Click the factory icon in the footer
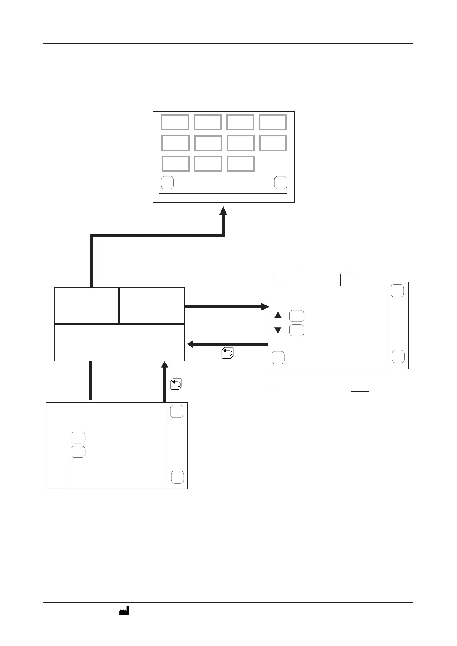[124, 611]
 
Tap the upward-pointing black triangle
[278, 315]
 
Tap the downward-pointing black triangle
[278, 330]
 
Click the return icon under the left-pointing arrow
[228, 353]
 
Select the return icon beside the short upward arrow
[176, 384]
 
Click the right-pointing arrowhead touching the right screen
[264, 307]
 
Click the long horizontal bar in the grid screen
[223, 197]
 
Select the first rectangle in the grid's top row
[175, 122]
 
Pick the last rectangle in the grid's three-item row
[241, 164]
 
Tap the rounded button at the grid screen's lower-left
[167, 183]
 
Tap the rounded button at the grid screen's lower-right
[281, 183]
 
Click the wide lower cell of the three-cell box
[119, 343]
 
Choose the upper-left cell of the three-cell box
[86, 305]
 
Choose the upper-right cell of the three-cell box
[152, 305]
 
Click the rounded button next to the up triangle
[297, 316]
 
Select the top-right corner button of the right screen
[397, 291]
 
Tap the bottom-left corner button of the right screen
[278, 358]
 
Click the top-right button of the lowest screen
[177, 412]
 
